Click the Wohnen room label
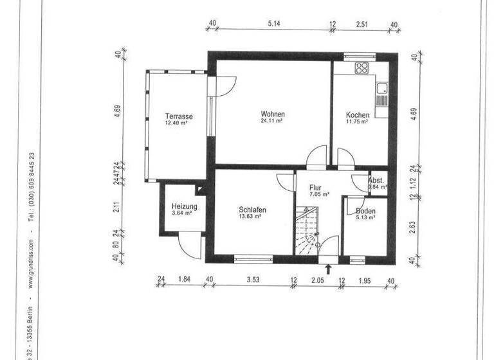coord(273,114)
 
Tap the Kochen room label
coord(358,116)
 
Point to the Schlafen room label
coord(252,210)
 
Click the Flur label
coord(315,188)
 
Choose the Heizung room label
coord(184,207)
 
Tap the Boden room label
coord(365,211)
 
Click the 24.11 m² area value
coord(273,121)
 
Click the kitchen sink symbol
coord(382,90)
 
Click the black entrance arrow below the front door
coord(329,269)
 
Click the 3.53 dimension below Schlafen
coord(253,280)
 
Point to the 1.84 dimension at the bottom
coord(184,280)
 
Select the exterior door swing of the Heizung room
coord(187,244)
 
